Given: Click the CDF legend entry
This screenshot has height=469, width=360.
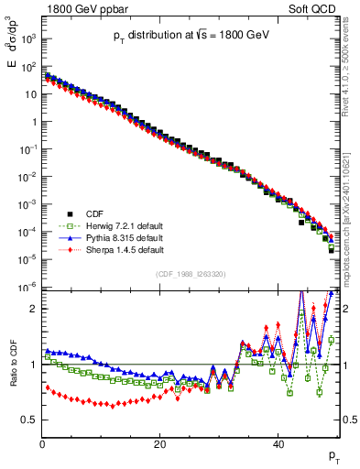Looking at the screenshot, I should tap(85, 214).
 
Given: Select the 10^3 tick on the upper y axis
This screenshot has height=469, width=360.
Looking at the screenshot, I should tap(27, 39).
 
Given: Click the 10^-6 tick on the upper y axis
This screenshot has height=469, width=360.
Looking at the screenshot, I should tap(27, 288).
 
